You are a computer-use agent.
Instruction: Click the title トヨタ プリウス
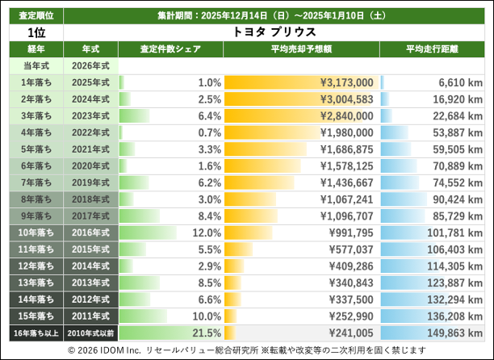pos(274,32)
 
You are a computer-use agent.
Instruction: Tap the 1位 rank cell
pos(36,32)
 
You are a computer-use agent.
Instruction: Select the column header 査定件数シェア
pos(170,49)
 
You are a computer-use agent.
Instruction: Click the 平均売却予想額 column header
pos(300,49)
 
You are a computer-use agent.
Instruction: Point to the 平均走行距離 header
pos(432,49)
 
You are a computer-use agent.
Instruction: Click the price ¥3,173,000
pos(346,82)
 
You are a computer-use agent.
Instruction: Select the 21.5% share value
pos(206,333)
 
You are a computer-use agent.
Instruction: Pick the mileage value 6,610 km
pos(460,82)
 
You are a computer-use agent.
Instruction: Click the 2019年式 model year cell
pos(90,182)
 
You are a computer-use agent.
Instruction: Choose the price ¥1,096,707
pos(346,216)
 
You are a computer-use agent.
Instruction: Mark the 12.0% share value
pos(206,232)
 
